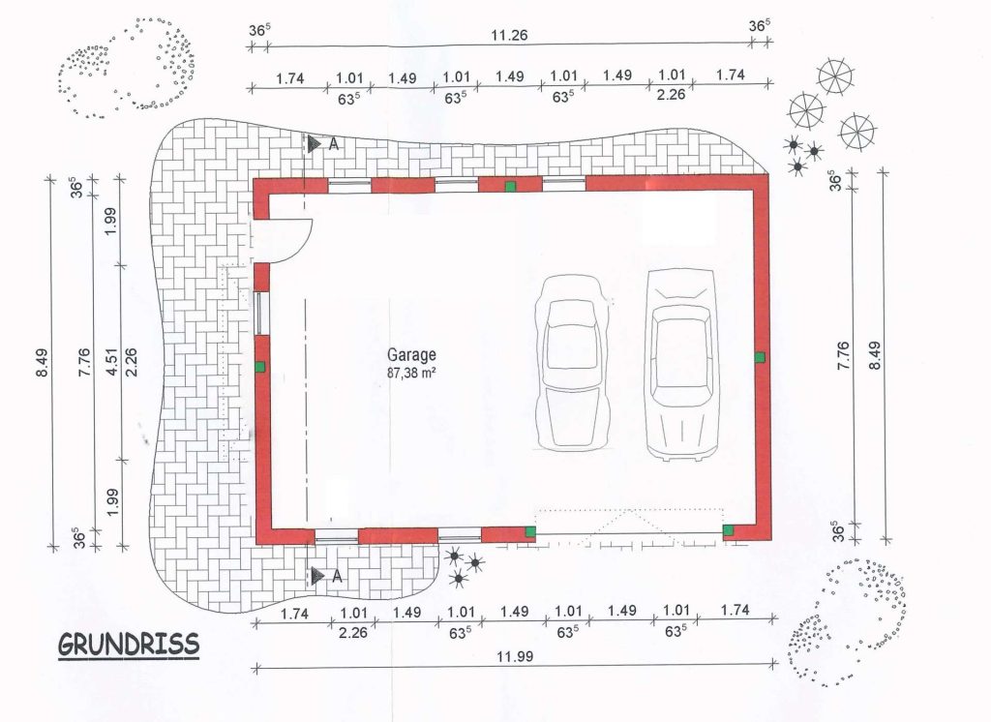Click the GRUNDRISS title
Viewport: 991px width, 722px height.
click(x=129, y=645)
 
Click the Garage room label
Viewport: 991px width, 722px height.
click(x=411, y=355)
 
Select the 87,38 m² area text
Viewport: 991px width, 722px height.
click(x=411, y=373)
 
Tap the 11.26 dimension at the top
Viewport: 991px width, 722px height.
click(x=509, y=35)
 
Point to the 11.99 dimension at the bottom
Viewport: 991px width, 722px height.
click(x=515, y=656)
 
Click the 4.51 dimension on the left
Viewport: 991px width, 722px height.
click(x=112, y=362)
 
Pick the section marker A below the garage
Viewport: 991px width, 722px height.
click(x=327, y=576)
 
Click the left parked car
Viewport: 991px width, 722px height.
click(x=573, y=362)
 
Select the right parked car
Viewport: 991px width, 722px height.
click(x=681, y=365)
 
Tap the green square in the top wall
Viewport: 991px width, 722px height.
click(x=510, y=186)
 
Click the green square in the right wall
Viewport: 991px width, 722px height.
click(x=760, y=357)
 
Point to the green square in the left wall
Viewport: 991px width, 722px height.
click(x=259, y=366)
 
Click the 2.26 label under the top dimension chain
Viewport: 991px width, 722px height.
click(x=671, y=94)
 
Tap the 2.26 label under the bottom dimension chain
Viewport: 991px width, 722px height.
click(x=352, y=632)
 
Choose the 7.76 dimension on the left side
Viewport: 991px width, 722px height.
click(x=84, y=362)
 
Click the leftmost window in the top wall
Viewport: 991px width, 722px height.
click(x=348, y=185)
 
